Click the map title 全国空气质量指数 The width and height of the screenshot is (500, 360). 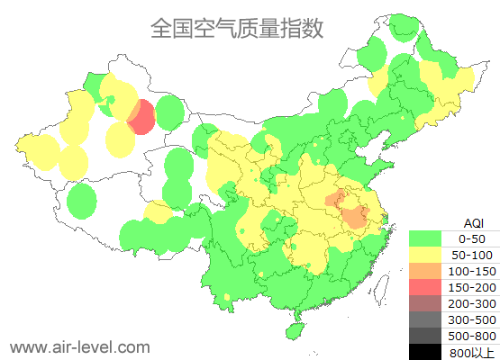[x=237, y=30]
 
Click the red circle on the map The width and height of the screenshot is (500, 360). [x=141, y=118]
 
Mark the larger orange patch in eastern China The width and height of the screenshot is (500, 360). [x=355, y=216]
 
